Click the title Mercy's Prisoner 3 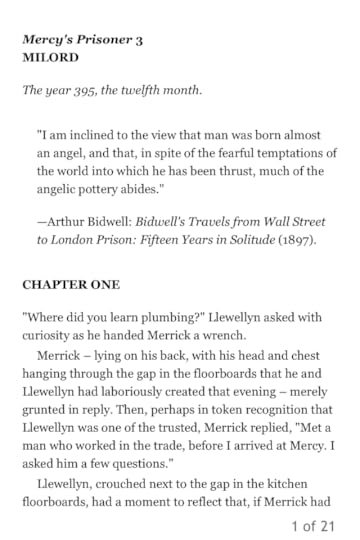coord(83,40)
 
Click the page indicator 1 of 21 coord(312,526)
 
